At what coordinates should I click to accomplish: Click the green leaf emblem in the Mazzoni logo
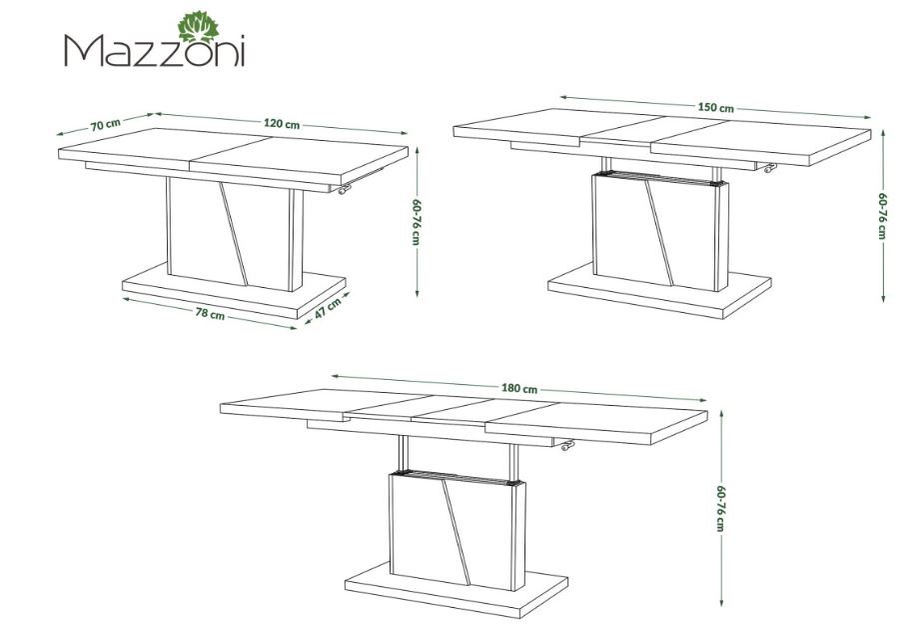click(x=198, y=27)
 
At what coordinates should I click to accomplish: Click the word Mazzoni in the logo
click(x=154, y=51)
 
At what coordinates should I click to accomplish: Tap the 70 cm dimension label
click(x=106, y=124)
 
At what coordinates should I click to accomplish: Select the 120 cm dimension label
click(x=282, y=123)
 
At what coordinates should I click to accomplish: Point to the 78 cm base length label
click(x=210, y=314)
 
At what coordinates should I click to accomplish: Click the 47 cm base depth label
click(x=327, y=309)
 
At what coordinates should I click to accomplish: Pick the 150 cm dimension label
click(x=715, y=107)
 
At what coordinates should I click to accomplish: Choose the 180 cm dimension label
click(x=519, y=388)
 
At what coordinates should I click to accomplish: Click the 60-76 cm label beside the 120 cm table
click(x=417, y=222)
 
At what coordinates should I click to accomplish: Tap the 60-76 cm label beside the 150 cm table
click(x=882, y=215)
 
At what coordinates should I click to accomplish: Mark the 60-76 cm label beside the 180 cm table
click(x=721, y=509)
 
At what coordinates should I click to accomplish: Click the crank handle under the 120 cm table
click(x=345, y=189)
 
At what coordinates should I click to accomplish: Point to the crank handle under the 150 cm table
click(x=769, y=168)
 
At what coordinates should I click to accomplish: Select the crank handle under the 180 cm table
click(x=567, y=446)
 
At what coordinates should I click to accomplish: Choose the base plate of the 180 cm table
click(x=456, y=590)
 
